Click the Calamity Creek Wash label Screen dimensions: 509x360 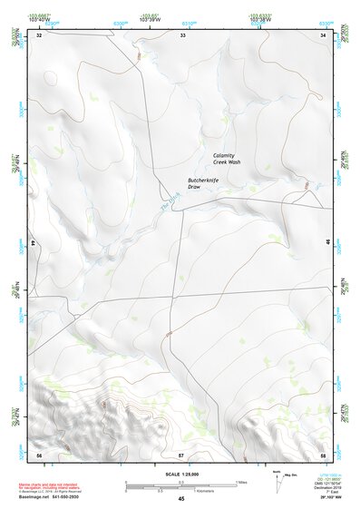pos(227,158)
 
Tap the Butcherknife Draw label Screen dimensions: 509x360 pos(203,183)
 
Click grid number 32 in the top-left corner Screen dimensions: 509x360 pos(39,35)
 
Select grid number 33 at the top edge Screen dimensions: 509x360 pos(182,35)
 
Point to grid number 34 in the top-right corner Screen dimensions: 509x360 pos(324,35)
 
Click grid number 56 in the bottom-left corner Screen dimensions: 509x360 pos(39,454)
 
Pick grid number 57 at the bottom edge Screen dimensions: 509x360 pos(180,454)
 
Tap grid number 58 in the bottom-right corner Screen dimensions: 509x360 pos(323,454)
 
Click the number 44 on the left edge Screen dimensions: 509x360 pos(34,243)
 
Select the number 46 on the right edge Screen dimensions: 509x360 pos(327,243)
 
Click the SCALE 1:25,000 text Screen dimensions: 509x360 pos(180,474)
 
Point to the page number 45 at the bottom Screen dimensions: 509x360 pos(180,498)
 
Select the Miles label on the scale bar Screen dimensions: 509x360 pos(241,482)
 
